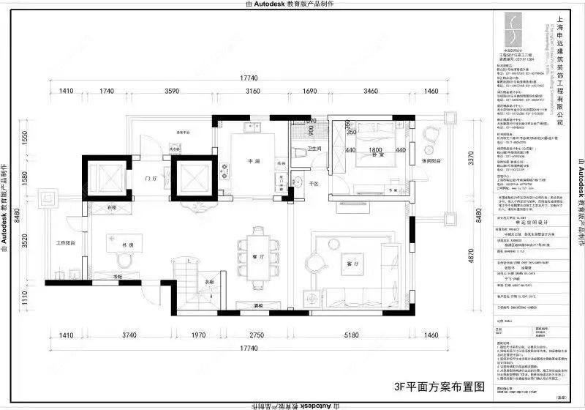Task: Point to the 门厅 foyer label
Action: pos(152,177)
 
